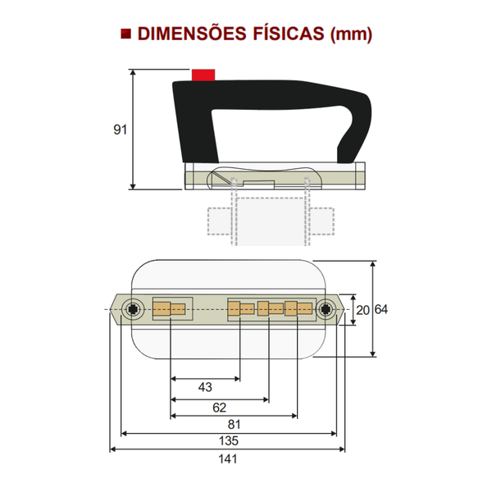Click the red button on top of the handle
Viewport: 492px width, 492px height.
pos(203,75)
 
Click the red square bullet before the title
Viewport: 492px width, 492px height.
pos(125,34)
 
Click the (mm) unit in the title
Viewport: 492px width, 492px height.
pos(352,34)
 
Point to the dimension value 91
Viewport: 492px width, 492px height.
pos(121,130)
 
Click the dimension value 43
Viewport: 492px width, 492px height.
pos(205,386)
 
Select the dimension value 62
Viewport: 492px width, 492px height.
pos(219,407)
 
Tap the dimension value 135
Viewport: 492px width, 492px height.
pos(228,441)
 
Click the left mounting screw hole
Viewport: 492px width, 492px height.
pos(132,309)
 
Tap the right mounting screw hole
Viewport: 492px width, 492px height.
pos(327,309)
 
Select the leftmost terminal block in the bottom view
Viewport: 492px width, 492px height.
pos(171,309)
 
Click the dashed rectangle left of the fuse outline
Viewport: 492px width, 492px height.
pos(218,221)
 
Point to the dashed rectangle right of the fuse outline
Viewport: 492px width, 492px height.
pos(323,221)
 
